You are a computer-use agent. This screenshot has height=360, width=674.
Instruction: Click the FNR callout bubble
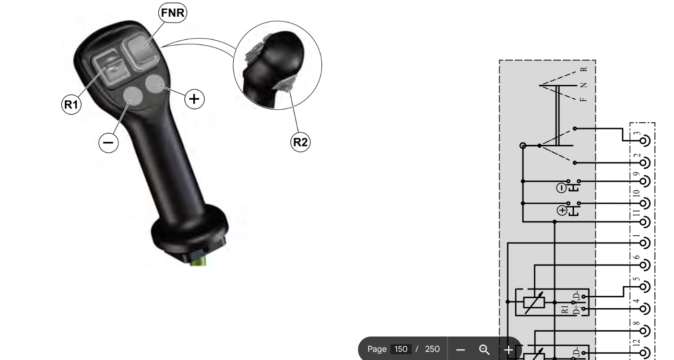[x=173, y=12]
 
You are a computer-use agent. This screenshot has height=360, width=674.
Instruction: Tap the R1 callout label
[x=71, y=105]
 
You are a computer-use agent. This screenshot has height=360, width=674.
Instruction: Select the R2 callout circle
[x=300, y=142]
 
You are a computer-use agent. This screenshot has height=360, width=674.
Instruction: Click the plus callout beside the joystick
[x=194, y=99]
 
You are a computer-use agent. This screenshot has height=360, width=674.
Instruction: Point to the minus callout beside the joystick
[x=108, y=142]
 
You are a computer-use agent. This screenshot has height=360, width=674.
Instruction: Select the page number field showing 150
[x=401, y=349]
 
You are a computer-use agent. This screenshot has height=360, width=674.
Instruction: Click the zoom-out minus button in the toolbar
[x=461, y=349]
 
